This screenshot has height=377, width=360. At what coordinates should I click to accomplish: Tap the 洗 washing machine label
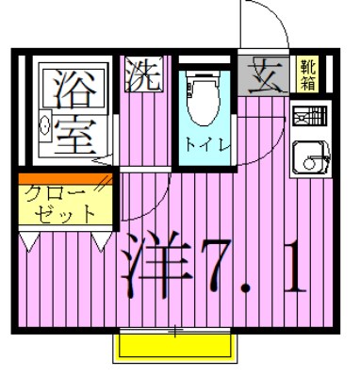coord(143,73)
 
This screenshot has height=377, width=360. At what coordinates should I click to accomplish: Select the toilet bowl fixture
coord(203,107)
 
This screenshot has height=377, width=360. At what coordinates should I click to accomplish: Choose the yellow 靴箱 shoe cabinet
coord(307,74)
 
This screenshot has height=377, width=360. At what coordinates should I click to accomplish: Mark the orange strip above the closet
coord(64,177)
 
